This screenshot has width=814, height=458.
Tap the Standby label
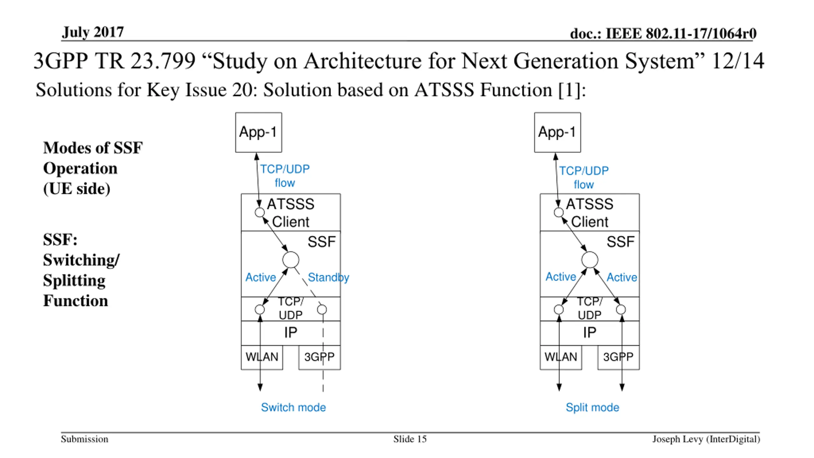point(328,277)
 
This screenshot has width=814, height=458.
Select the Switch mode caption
point(293,407)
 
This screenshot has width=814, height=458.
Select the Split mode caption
point(592,407)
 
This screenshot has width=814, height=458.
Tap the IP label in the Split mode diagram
point(590,333)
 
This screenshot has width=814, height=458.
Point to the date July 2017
point(93,32)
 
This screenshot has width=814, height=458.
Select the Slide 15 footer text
point(410,439)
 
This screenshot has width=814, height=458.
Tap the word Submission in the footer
point(85,439)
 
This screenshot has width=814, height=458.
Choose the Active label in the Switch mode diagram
point(261,277)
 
